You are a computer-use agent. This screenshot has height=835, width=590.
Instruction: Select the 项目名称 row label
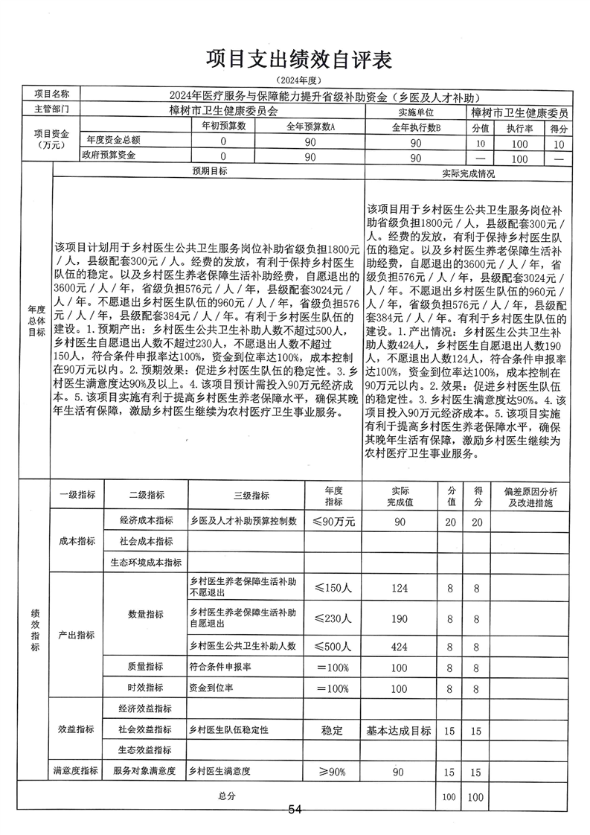tap(51, 95)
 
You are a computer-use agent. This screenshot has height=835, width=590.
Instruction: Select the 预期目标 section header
tap(209, 172)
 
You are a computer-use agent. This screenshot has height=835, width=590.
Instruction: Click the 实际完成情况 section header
tap(468, 173)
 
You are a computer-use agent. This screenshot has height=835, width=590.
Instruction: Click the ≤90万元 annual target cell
tap(333, 521)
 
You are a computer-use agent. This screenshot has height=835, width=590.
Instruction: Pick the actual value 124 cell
tap(400, 588)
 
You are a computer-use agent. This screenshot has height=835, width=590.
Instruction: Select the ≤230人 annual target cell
tap(333, 618)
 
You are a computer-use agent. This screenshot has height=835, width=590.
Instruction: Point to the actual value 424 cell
tap(400, 647)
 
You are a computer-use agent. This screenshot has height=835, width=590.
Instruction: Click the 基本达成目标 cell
tap(400, 731)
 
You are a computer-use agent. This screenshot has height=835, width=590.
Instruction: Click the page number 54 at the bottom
tap(295, 810)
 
